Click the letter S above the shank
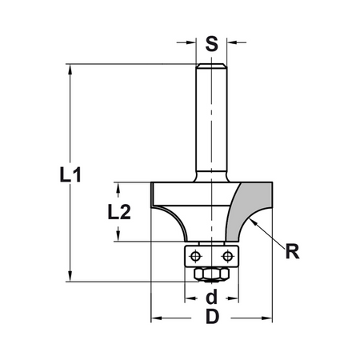tap(211, 44)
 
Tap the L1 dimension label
tap(70, 175)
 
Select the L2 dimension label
tap(119, 212)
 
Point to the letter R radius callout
tap(292, 251)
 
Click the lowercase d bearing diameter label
tap(212, 297)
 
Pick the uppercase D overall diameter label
tap(212, 317)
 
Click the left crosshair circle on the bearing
tap(195, 257)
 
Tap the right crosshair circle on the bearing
tap(227, 257)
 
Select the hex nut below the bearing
tap(212, 274)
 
